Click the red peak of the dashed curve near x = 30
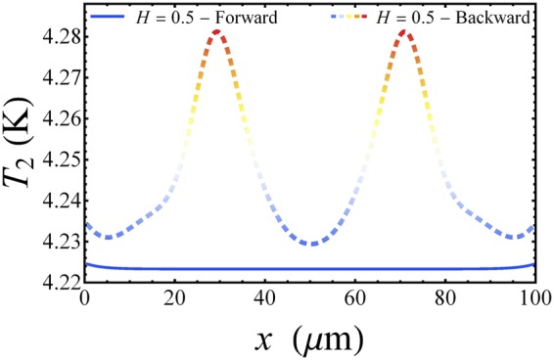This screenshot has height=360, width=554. tap(220, 32)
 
